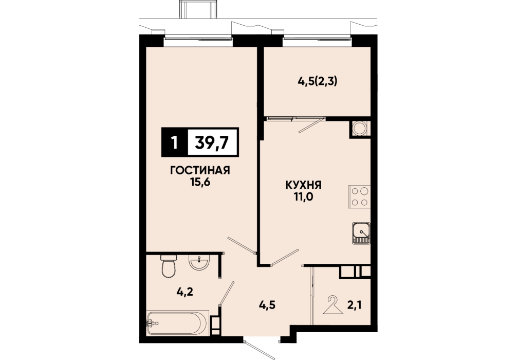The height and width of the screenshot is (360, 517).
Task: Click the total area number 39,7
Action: pos(212,142)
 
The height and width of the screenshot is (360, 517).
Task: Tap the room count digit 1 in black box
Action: pos(174,143)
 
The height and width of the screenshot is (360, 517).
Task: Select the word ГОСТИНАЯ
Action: pos(200,170)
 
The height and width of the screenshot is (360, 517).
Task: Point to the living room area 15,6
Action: pos(200,182)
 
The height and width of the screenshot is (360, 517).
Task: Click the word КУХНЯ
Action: pos(303,185)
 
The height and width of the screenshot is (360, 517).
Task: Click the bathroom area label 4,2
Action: pos(184,292)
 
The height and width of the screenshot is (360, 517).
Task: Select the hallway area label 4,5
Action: pos(267,305)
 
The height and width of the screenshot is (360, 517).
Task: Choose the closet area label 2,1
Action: pos(355,305)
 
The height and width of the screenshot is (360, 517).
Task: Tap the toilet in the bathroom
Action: pos(169,265)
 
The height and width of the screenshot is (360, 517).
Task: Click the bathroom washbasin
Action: pos(199,263)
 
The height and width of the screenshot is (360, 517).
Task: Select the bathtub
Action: pos(177,322)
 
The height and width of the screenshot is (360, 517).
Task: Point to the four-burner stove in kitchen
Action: pos(359,197)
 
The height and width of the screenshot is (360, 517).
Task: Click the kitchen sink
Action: pos(361,233)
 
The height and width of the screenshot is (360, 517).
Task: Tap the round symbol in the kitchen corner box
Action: pos(359,129)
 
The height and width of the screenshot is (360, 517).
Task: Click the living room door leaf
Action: pos(242,245)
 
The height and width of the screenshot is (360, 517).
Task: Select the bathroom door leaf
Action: pos(227,293)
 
